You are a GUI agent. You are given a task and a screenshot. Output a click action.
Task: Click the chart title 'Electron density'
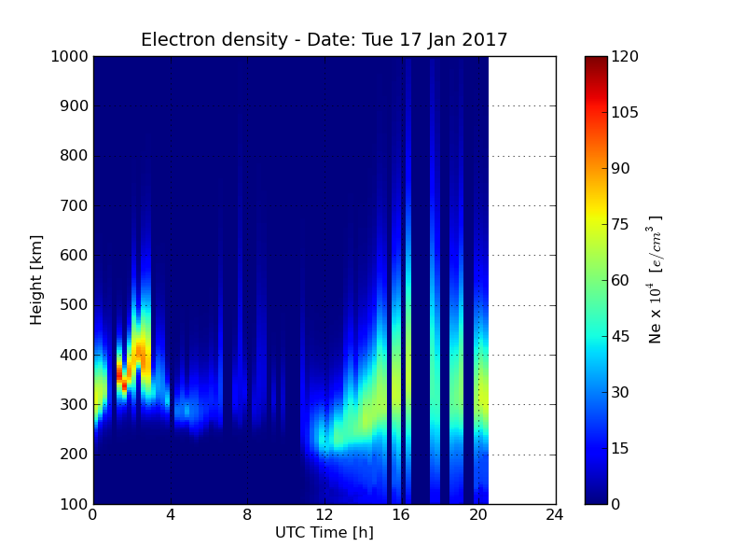tap(214, 39)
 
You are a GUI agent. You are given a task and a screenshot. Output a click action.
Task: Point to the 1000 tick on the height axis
tap(69, 57)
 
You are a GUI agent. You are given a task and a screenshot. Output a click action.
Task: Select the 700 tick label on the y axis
tap(74, 205)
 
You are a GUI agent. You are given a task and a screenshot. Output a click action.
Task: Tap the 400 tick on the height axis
tap(74, 355)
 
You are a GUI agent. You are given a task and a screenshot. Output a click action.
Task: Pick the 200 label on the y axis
tap(74, 455)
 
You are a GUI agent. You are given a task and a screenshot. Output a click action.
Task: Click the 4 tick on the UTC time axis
tap(171, 515)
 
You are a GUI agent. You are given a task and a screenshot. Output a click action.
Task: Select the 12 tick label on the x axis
tap(325, 515)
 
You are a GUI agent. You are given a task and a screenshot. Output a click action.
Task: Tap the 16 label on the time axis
tap(402, 515)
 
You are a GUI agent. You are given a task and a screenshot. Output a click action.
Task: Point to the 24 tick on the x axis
tap(555, 515)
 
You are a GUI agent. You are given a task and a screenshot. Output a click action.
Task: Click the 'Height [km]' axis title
tap(36, 280)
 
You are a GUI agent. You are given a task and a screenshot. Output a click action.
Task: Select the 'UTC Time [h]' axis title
tap(325, 532)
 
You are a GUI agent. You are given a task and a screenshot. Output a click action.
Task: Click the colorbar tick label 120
tap(625, 57)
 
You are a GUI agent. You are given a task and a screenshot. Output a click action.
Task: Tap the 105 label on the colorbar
tap(625, 112)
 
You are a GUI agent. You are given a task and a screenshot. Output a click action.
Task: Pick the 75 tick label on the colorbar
tap(620, 224)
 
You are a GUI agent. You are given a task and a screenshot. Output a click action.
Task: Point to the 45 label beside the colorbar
tap(620, 336)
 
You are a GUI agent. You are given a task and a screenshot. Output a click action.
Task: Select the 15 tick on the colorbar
tap(620, 448)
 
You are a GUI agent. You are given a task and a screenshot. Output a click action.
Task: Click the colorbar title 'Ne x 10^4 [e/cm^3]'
tap(656, 280)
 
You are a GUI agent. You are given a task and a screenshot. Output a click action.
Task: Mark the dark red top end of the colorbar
tap(596, 59)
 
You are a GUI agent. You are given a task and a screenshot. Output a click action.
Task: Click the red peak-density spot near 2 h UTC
tap(124, 385)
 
